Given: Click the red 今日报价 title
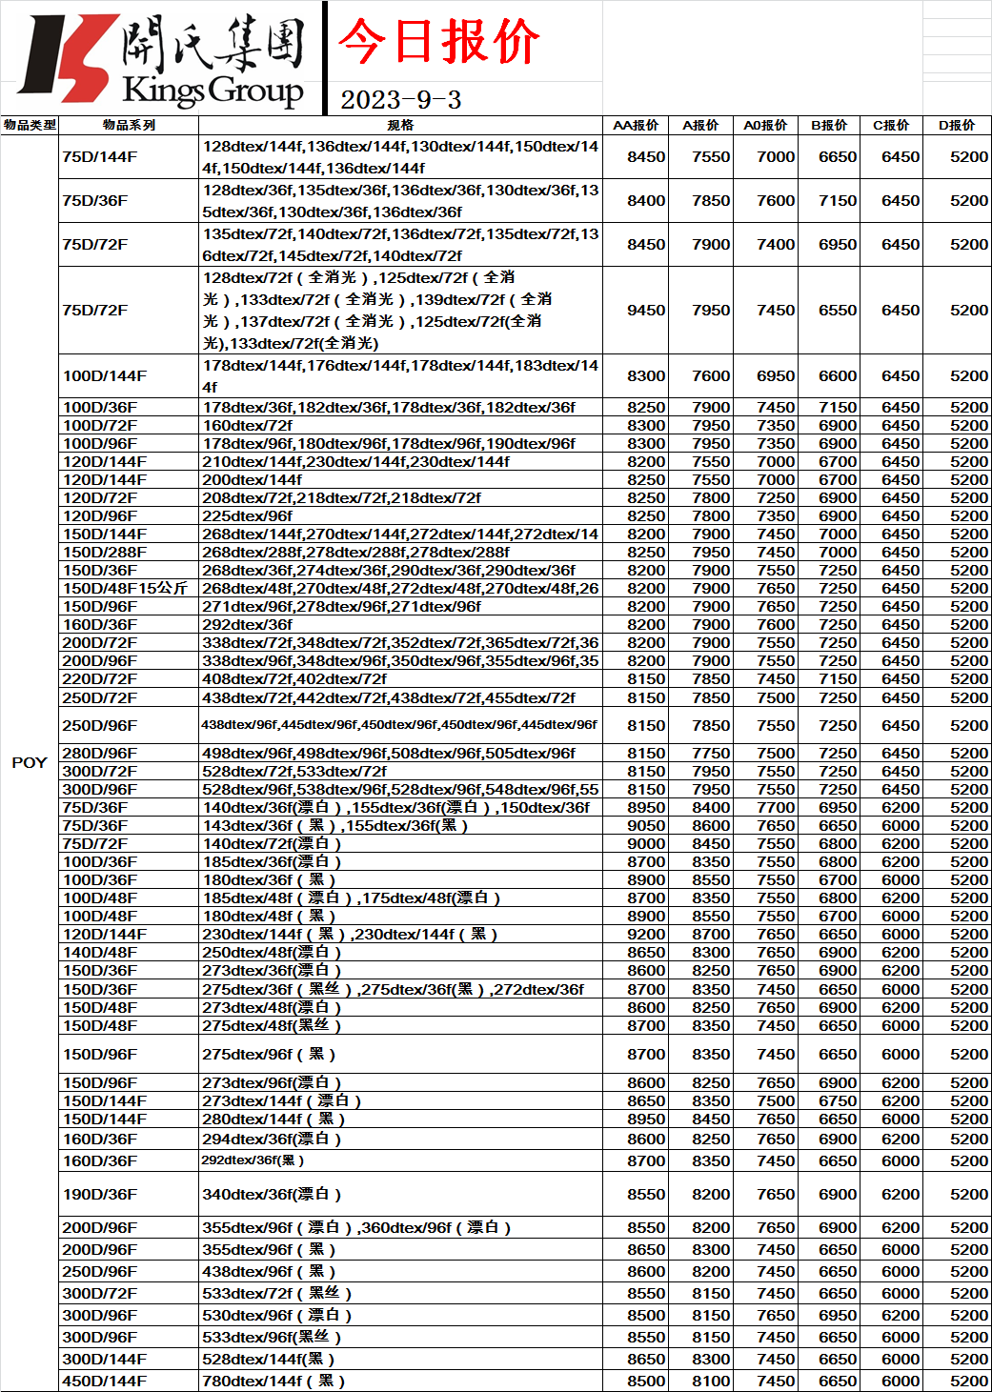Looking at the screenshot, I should [438, 42].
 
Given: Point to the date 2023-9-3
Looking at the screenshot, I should [400, 100].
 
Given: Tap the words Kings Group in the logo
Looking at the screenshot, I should [213, 91].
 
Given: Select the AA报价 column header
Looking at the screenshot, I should [636, 125].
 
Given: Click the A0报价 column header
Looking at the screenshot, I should [765, 125].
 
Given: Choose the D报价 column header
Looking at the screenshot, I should [957, 125].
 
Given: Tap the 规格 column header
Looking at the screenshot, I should [400, 125].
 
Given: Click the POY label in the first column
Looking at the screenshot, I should [30, 762].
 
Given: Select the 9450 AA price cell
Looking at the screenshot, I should [646, 311].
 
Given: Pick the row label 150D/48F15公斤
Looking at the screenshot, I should [125, 589].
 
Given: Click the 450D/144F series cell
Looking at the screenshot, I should [105, 1382].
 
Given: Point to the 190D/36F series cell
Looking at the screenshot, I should [100, 1195].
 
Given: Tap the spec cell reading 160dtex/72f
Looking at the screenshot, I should [248, 426].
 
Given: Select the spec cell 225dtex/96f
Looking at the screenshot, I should [248, 516].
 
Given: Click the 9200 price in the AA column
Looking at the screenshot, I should [646, 935].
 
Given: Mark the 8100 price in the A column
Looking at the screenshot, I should [711, 1382].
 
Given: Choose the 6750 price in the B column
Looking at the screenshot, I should [838, 1101].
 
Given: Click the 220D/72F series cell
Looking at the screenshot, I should [100, 679].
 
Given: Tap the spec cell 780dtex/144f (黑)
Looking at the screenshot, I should [273, 1382].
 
